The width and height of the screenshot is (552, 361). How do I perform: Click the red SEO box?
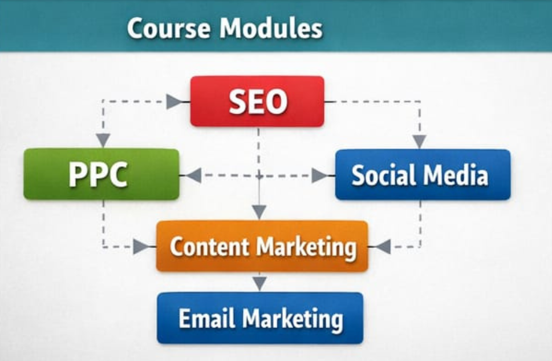(257, 101)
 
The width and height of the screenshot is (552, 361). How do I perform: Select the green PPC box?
(101, 174)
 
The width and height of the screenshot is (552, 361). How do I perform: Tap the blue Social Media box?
(423, 175)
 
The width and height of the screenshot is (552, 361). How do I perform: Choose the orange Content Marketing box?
(262, 246)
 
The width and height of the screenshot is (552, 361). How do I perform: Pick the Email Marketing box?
(260, 318)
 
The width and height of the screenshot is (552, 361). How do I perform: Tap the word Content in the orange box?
(210, 247)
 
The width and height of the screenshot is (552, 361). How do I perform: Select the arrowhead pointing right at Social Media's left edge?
(320, 175)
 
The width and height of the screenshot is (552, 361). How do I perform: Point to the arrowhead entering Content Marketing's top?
(259, 211)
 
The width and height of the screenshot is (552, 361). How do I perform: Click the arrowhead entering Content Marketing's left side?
(141, 247)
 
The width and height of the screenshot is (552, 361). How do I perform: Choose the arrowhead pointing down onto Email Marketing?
(259, 283)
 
